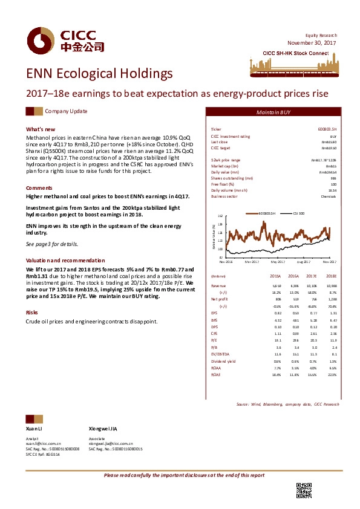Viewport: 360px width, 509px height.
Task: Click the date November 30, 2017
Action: (312, 43)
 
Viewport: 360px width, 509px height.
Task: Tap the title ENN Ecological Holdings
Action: (99, 74)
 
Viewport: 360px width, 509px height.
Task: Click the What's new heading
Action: (41, 129)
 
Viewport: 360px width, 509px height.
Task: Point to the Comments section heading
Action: (39, 188)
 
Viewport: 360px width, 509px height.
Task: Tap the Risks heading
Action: (32, 313)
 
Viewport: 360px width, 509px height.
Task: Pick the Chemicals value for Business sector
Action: (329, 196)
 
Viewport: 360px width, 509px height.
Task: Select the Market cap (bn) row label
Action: (224, 165)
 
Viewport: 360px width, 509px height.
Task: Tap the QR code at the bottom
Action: (304, 490)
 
